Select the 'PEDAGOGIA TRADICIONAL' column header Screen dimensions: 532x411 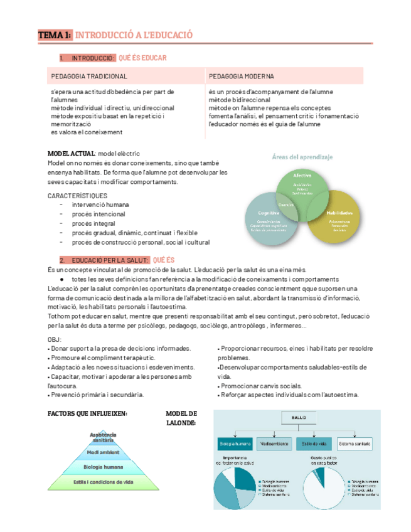(x=89, y=77)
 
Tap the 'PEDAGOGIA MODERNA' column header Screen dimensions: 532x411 (x=241, y=77)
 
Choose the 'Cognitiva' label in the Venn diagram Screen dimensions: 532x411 (x=268, y=213)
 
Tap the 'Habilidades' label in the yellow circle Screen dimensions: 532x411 (x=339, y=213)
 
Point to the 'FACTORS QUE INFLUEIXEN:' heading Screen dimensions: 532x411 (x=88, y=413)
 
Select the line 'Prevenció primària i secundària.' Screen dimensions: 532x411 (x=97, y=395)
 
